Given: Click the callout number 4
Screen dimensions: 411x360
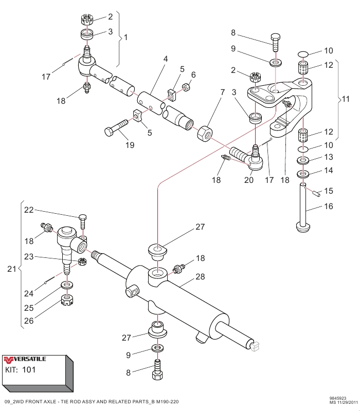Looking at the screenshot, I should [x=166, y=59].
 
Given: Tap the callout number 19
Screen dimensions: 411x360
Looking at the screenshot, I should [x=130, y=145].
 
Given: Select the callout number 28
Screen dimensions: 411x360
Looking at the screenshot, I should [x=200, y=277].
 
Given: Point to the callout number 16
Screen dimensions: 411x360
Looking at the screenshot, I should [x=328, y=207].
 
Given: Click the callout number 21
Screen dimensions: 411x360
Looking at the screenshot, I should [x=11, y=269].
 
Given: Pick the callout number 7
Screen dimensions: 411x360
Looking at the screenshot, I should [x=223, y=92].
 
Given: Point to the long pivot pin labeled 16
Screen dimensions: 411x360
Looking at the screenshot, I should [x=304, y=206].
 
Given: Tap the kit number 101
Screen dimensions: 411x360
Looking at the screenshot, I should [x=29, y=369].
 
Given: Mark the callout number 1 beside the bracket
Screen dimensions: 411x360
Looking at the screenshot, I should [x=126, y=38].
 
